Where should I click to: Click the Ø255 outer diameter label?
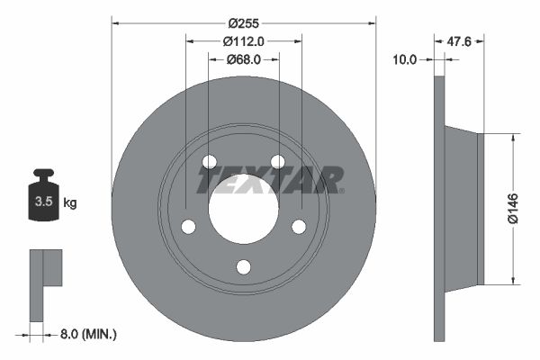(243, 22)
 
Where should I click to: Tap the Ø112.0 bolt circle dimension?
(243, 40)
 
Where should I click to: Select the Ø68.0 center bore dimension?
(243, 59)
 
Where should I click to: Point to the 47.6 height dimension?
(461, 40)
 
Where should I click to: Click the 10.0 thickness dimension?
(406, 59)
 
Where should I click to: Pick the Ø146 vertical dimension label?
(512, 206)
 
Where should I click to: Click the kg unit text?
(69, 203)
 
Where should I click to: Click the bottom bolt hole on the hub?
(243, 266)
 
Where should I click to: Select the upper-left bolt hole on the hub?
(209, 162)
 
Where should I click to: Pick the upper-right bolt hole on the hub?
(277, 162)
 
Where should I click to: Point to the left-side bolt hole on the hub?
(187, 227)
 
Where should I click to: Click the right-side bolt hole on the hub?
(299, 227)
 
